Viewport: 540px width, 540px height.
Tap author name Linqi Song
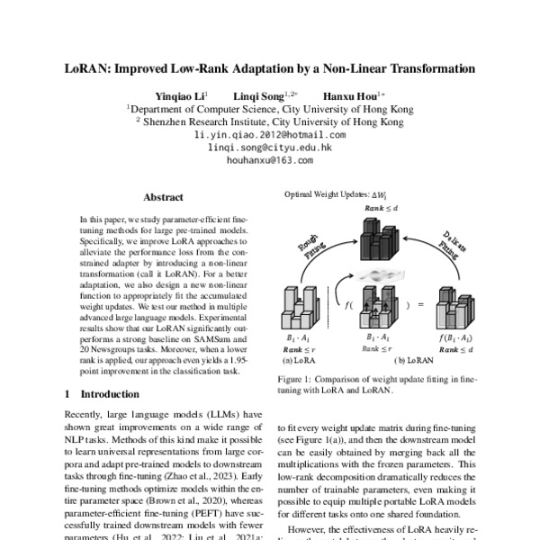click(256, 94)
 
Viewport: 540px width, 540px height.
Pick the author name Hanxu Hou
click(346, 94)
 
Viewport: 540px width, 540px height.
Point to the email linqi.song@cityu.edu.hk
click(269, 147)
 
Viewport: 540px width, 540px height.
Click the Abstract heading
click(163, 197)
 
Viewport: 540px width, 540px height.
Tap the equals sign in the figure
click(418, 306)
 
